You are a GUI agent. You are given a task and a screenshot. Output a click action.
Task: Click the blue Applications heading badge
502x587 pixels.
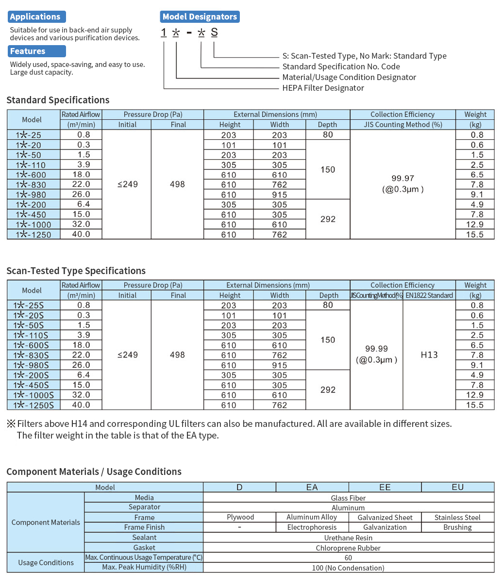[x=36, y=17]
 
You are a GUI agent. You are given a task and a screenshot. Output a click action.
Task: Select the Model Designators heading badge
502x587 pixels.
[x=200, y=17]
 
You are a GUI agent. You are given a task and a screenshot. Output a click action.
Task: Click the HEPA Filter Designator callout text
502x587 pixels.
[x=323, y=88]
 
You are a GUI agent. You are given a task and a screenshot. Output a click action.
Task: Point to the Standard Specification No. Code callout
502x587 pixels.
[x=341, y=67]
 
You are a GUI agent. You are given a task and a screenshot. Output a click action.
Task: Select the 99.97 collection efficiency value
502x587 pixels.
[x=402, y=179]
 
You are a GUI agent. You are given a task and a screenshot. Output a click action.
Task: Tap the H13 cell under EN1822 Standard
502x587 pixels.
[x=429, y=355]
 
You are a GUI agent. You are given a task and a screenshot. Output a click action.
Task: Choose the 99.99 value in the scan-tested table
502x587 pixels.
[x=376, y=349]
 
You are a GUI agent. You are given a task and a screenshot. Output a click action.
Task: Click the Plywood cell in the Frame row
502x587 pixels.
[x=240, y=518]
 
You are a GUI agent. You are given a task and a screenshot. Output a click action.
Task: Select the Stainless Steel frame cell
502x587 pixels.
[x=457, y=518]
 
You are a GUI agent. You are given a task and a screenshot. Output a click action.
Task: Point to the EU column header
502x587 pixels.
[x=457, y=487]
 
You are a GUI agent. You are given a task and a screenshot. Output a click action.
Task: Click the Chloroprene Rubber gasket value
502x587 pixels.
[x=348, y=548]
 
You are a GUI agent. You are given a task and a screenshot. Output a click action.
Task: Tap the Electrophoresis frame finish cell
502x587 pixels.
[x=312, y=527]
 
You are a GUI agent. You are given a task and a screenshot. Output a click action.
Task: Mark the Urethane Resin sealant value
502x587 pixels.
[x=348, y=538]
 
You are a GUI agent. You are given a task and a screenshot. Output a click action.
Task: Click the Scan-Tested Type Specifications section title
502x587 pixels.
[x=76, y=271]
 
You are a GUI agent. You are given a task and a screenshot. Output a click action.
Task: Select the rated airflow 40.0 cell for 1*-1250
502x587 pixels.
[x=81, y=234]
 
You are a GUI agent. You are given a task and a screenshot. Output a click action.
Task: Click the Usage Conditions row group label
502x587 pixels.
[x=46, y=563]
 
